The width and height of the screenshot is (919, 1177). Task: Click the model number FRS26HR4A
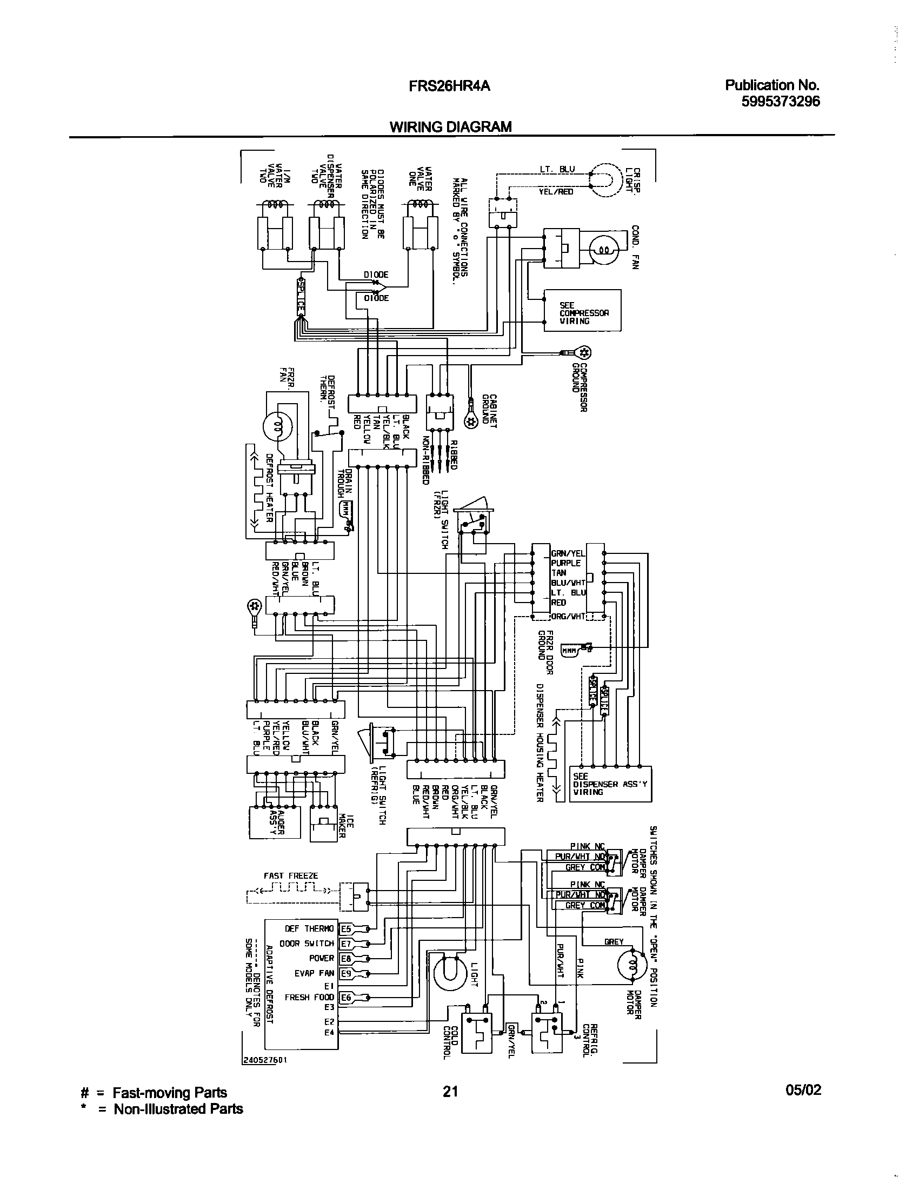click(x=450, y=86)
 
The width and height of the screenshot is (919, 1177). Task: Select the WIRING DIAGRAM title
click(x=450, y=127)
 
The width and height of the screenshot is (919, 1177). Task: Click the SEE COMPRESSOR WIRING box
click(x=583, y=310)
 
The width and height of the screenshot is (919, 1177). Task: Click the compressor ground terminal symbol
click(x=583, y=352)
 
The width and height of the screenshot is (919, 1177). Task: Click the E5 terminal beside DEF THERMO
click(x=346, y=929)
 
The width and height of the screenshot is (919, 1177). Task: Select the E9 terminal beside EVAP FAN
click(x=346, y=973)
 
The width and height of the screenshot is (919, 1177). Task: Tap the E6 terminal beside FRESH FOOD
click(x=346, y=998)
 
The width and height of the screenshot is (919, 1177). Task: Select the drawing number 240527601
click(x=264, y=1060)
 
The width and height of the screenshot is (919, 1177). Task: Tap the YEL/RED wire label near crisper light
click(x=556, y=191)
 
